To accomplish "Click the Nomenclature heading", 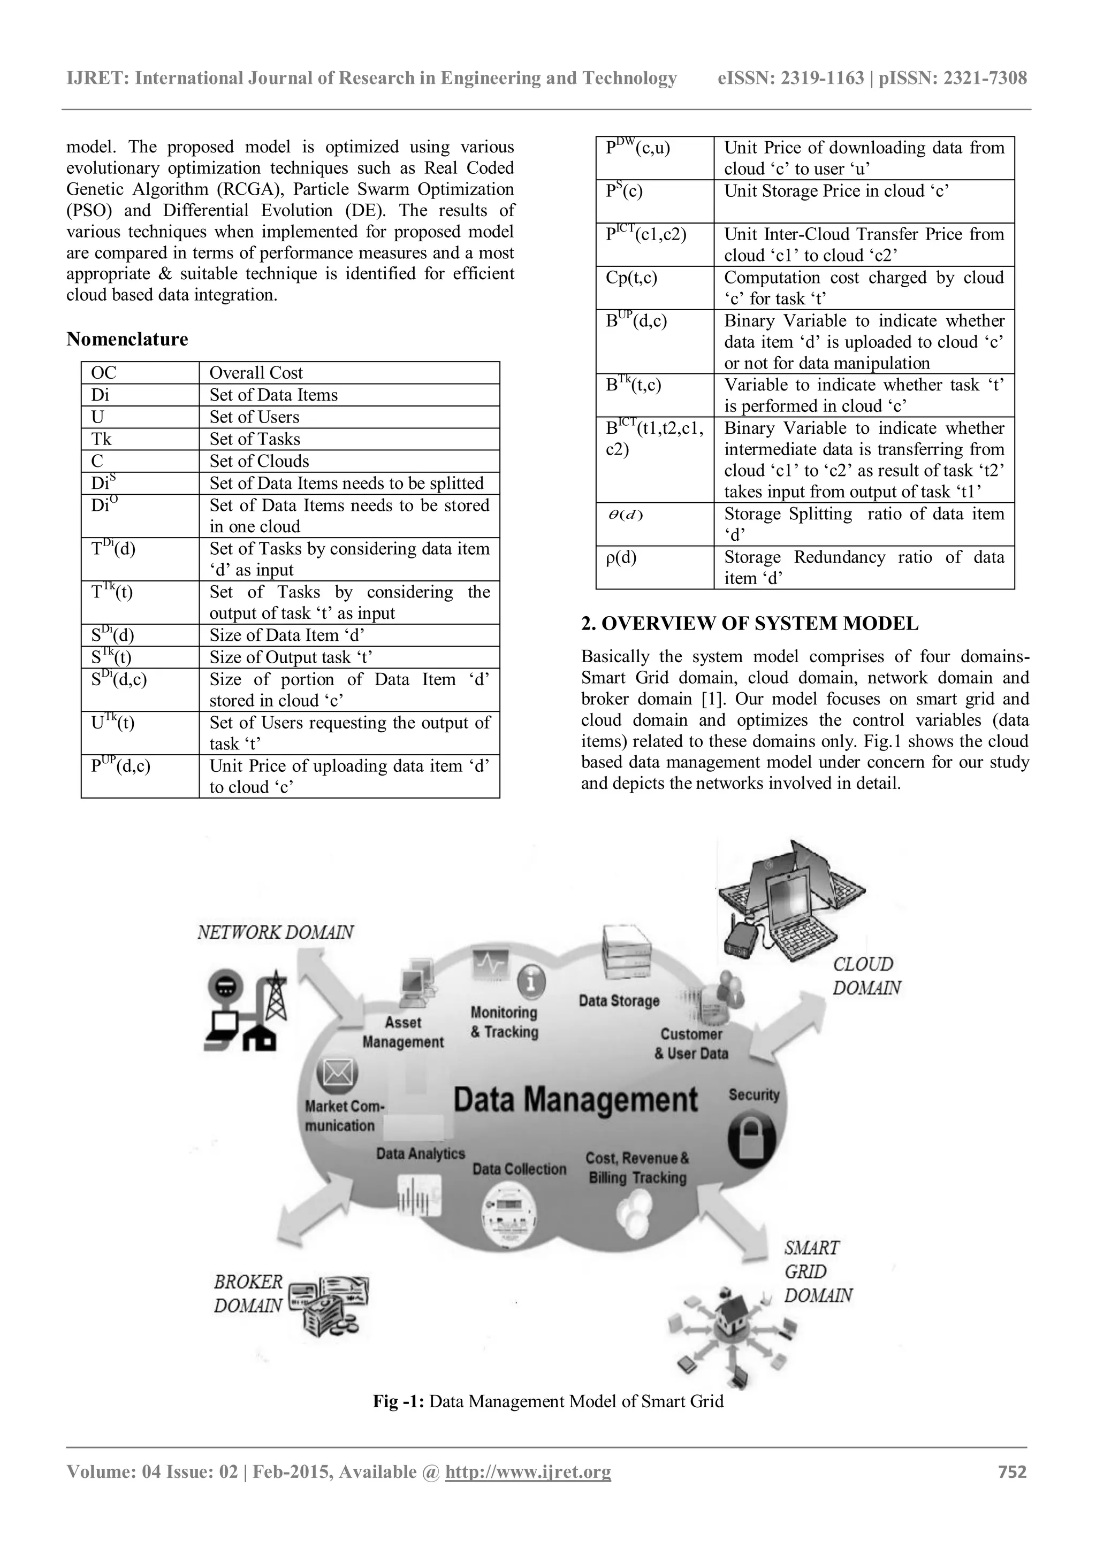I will (x=127, y=339).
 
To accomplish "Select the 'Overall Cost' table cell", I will (x=256, y=373).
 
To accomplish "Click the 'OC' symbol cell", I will (x=103, y=373).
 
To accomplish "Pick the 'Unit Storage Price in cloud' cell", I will (x=836, y=191).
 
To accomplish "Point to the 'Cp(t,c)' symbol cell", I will (x=631, y=278).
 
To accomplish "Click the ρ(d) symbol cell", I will (x=621, y=558).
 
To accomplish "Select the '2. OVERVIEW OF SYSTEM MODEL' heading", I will (x=749, y=623).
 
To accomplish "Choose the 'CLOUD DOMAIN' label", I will (x=866, y=976).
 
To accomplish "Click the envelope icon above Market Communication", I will (x=338, y=1073).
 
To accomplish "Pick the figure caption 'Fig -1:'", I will (x=398, y=1401).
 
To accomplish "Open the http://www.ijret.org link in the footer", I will (x=528, y=1471).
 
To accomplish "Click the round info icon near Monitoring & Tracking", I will (x=532, y=981).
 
